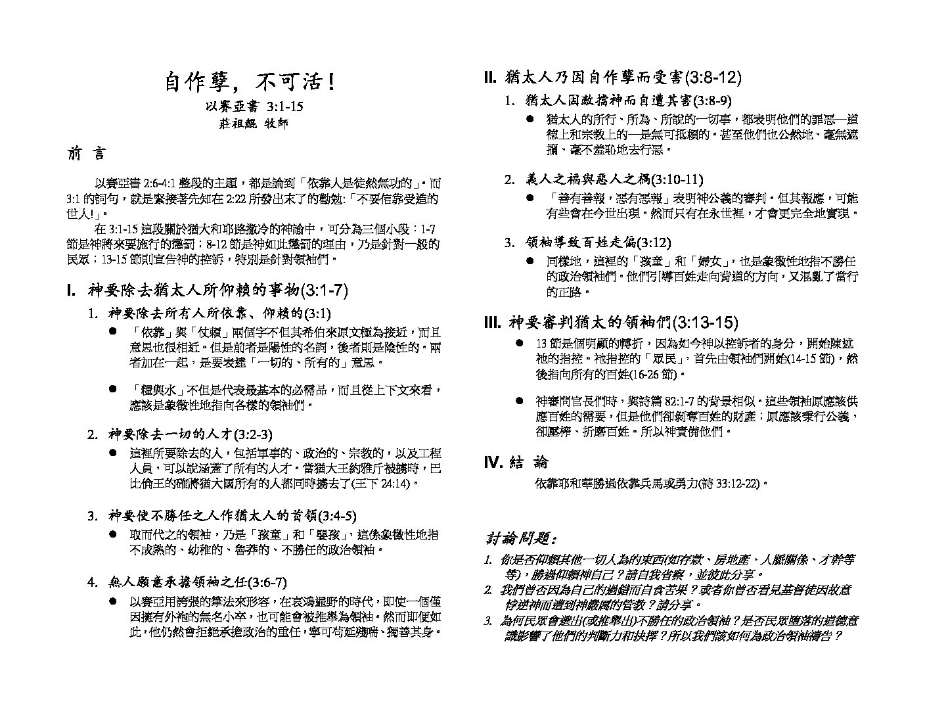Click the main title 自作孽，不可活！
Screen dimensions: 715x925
(250, 82)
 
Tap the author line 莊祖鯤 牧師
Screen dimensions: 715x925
(253, 124)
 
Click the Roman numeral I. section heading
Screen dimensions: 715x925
(208, 290)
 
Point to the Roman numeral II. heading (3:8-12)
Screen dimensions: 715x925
(612, 78)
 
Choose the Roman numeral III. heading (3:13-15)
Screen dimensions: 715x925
(611, 323)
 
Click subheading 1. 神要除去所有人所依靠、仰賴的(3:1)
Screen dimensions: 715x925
(210, 313)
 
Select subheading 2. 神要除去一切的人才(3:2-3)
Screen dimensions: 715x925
(180, 434)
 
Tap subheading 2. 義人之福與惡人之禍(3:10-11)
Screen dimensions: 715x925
(604, 180)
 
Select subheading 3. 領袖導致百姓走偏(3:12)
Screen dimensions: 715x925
(587, 242)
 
